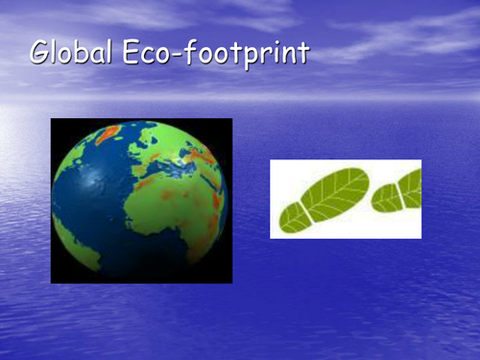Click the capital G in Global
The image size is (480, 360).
click(x=40, y=52)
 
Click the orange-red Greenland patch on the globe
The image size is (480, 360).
click(x=107, y=132)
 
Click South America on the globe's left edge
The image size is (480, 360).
click(x=67, y=230)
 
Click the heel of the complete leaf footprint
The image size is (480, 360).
click(x=293, y=219)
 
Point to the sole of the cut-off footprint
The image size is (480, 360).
click(x=412, y=187)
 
